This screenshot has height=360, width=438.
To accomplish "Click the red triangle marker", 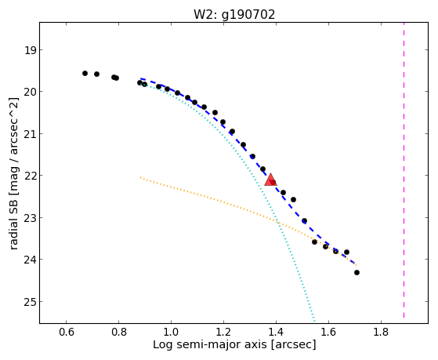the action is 270,180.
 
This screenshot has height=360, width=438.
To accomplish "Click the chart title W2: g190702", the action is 234,15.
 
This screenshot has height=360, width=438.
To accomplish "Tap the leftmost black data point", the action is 85,73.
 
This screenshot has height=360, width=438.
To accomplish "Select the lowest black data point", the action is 357,272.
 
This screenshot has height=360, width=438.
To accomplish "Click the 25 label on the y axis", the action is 30,302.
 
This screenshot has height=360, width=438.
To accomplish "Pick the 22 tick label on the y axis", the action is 30,176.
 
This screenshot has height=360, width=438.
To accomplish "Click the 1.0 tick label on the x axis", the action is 172,332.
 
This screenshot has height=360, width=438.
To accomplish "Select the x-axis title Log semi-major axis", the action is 210,344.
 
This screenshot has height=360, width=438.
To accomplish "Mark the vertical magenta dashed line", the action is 404,170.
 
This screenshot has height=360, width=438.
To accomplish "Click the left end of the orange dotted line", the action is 140,177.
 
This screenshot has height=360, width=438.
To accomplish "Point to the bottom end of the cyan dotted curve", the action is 314,321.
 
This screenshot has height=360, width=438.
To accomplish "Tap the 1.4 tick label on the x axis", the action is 276,332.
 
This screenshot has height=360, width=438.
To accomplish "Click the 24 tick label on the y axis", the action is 30,260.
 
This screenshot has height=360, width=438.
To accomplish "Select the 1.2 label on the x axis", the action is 223,332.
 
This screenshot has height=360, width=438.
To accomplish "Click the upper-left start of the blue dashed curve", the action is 141,78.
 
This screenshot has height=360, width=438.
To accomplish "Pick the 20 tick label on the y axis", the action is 30,93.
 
